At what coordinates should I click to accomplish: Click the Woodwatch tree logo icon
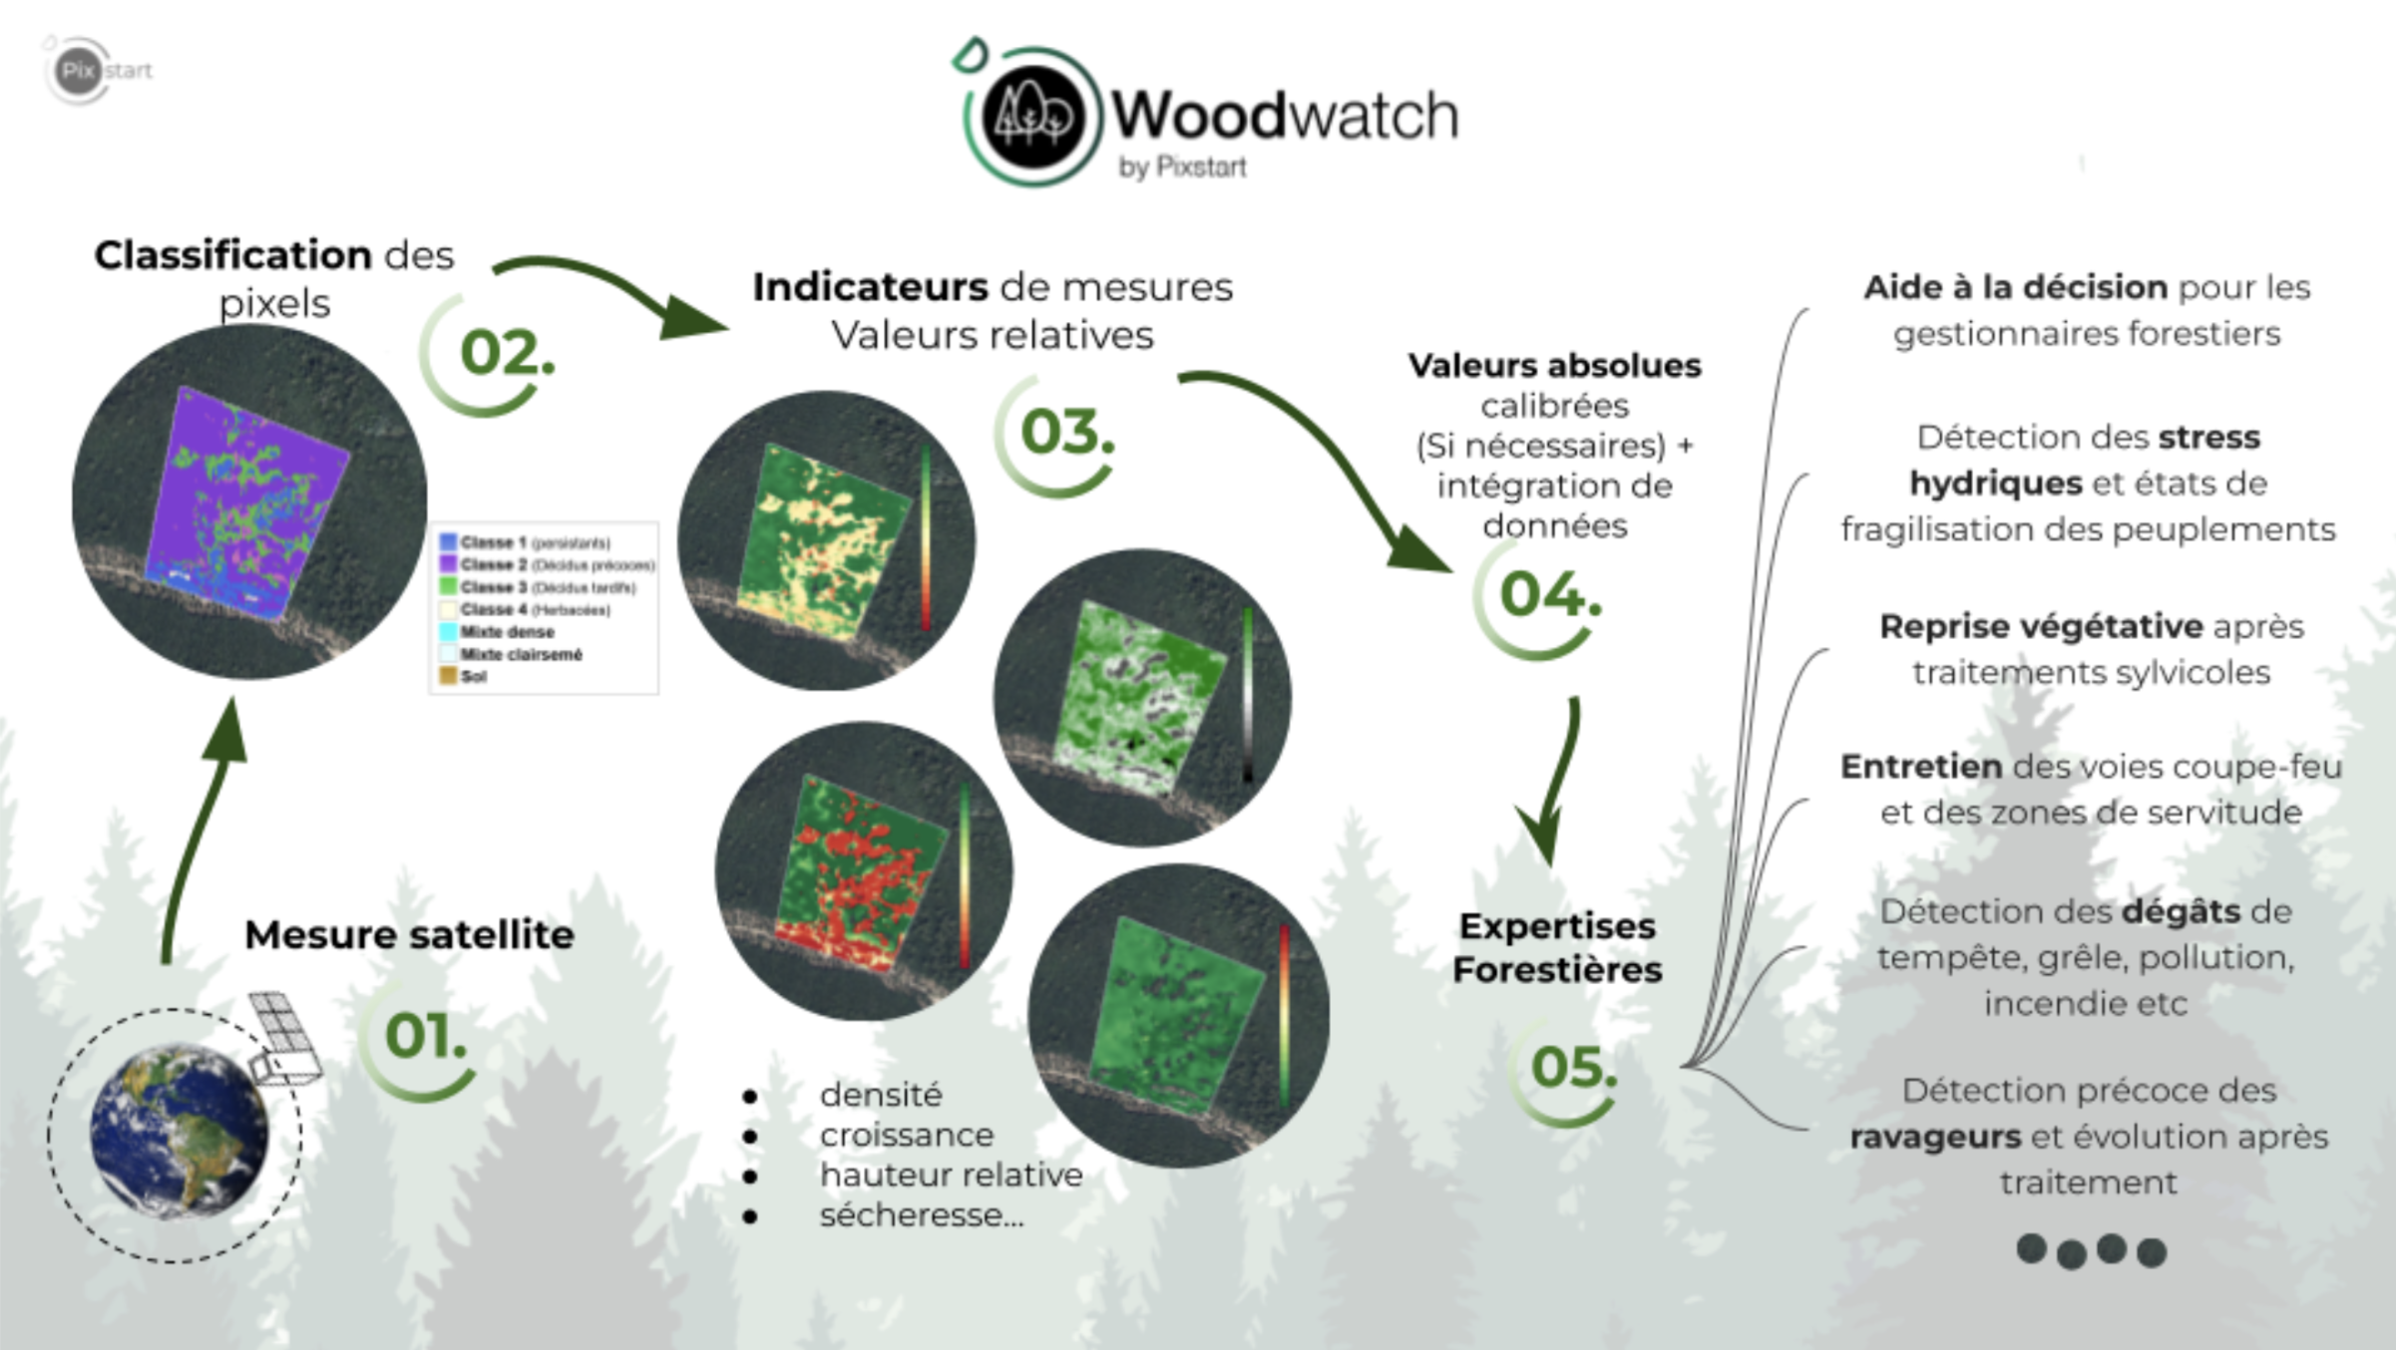(x=1032, y=117)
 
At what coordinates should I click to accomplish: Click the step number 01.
(x=425, y=1036)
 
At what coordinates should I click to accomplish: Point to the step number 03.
(x=1066, y=433)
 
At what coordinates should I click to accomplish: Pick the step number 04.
(x=1549, y=595)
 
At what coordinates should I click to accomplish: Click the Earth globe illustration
(x=179, y=1132)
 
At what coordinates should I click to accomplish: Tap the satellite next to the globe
(x=285, y=1038)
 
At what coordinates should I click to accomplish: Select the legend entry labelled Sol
(x=473, y=677)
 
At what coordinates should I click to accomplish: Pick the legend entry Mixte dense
(x=507, y=632)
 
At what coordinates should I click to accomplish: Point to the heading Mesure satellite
(x=409, y=935)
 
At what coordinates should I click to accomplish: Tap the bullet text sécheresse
(x=921, y=1215)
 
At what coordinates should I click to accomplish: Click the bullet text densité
(x=881, y=1095)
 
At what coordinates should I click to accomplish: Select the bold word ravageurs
(x=1935, y=1138)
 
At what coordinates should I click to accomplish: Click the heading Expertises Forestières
(x=1557, y=948)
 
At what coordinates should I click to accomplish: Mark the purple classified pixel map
(x=248, y=499)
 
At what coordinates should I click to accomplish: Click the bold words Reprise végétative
(x=2041, y=627)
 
